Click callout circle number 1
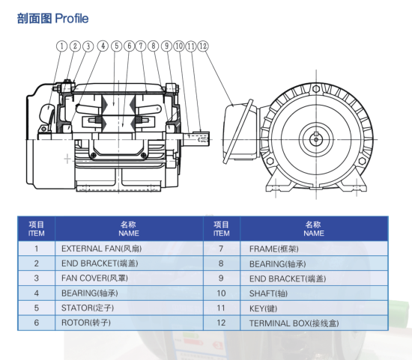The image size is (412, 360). click(x=61, y=46)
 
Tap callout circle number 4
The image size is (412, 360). click(x=103, y=46)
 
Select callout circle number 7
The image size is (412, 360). click(x=141, y=46)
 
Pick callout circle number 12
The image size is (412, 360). click(x=203, y=46)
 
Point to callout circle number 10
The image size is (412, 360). click(x=179, y=46)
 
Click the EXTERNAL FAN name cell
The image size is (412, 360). click(x=130, y=248)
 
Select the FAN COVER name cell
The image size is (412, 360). click(x=130, y=278)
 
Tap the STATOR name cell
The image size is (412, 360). click(x=130, y=308)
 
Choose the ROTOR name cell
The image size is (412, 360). click(x=130, y=323)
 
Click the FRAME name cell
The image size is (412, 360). click(x=315, y=248)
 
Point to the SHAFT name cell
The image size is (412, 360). click(x=315, y=293)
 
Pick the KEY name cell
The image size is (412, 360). click(x=315, y=308)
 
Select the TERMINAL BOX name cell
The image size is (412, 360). click(x=315, y=323)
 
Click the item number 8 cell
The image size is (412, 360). click(x=221, y=263)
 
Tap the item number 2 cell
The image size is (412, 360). click(x=37, y=263)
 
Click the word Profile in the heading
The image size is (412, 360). click(x=72, y=19)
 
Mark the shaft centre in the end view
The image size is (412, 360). click(x=316, y=139)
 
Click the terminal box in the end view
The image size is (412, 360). click(x=240, y=131)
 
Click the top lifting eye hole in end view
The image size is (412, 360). click(x=316, y=89)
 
